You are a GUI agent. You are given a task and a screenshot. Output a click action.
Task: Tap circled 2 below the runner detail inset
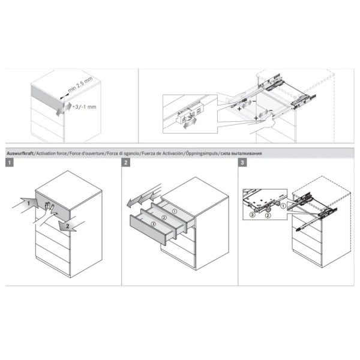pyautogui.click(x=268, y=215)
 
